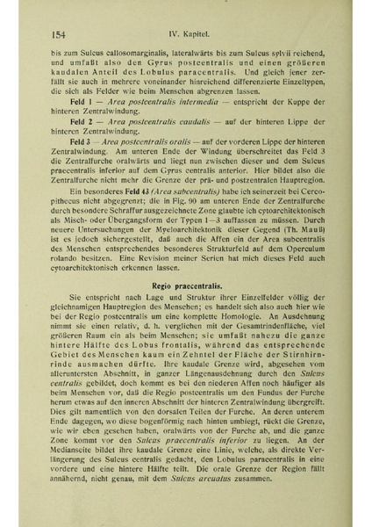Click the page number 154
pos(61,34)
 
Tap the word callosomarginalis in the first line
pos(123,53)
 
